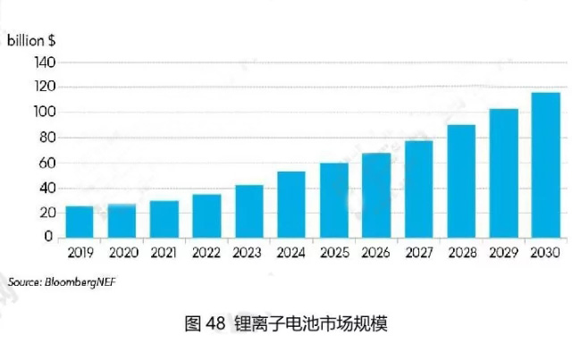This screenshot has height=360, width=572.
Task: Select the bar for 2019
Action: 80,222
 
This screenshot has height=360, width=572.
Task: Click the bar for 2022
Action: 206,215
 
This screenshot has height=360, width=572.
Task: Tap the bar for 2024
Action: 291,205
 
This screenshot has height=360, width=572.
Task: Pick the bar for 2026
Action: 375,195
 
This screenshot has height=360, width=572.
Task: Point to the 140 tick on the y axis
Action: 43,63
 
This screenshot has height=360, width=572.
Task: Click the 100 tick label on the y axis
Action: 43,113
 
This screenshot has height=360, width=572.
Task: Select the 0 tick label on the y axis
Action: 50,238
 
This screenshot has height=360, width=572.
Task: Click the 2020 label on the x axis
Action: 122,253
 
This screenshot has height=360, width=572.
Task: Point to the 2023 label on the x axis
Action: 248,253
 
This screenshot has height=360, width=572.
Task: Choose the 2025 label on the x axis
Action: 333,253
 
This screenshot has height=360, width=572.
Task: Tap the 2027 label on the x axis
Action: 418,253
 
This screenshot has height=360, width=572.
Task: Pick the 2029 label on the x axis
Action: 503,253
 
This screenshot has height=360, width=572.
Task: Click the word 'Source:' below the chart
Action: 24,281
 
